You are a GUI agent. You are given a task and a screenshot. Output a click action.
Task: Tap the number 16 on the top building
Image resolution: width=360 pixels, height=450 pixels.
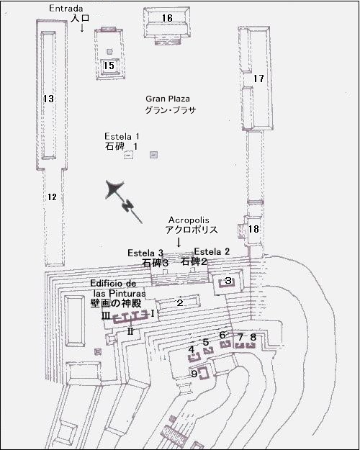(167, 17)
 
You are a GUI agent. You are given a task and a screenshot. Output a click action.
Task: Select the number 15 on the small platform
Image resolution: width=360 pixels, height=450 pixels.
(109, 66)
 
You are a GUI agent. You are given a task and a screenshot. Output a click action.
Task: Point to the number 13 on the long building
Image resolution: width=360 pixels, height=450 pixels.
(48, 98)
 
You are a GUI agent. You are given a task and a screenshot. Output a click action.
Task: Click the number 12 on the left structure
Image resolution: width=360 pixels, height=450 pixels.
(50, 197)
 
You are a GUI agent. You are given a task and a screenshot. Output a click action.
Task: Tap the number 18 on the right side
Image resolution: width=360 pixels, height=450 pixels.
(253, 229)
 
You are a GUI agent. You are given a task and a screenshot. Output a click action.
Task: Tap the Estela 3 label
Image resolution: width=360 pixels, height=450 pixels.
(145, 253)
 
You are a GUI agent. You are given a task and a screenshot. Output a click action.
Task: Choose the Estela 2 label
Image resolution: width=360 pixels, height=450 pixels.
(212, 251)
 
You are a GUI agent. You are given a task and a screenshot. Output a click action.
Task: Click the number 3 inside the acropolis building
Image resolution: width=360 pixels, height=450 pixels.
(228, 281)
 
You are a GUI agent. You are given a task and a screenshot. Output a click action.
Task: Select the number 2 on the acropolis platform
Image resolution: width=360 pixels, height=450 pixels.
(180, 302)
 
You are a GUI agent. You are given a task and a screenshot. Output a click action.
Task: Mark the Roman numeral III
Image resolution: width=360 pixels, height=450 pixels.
(107, 315)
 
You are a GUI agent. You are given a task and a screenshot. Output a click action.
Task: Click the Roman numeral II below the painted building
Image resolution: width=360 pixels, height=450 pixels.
(130, 332)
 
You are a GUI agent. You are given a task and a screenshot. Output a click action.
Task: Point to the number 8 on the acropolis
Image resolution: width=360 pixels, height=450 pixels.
(253, 337)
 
